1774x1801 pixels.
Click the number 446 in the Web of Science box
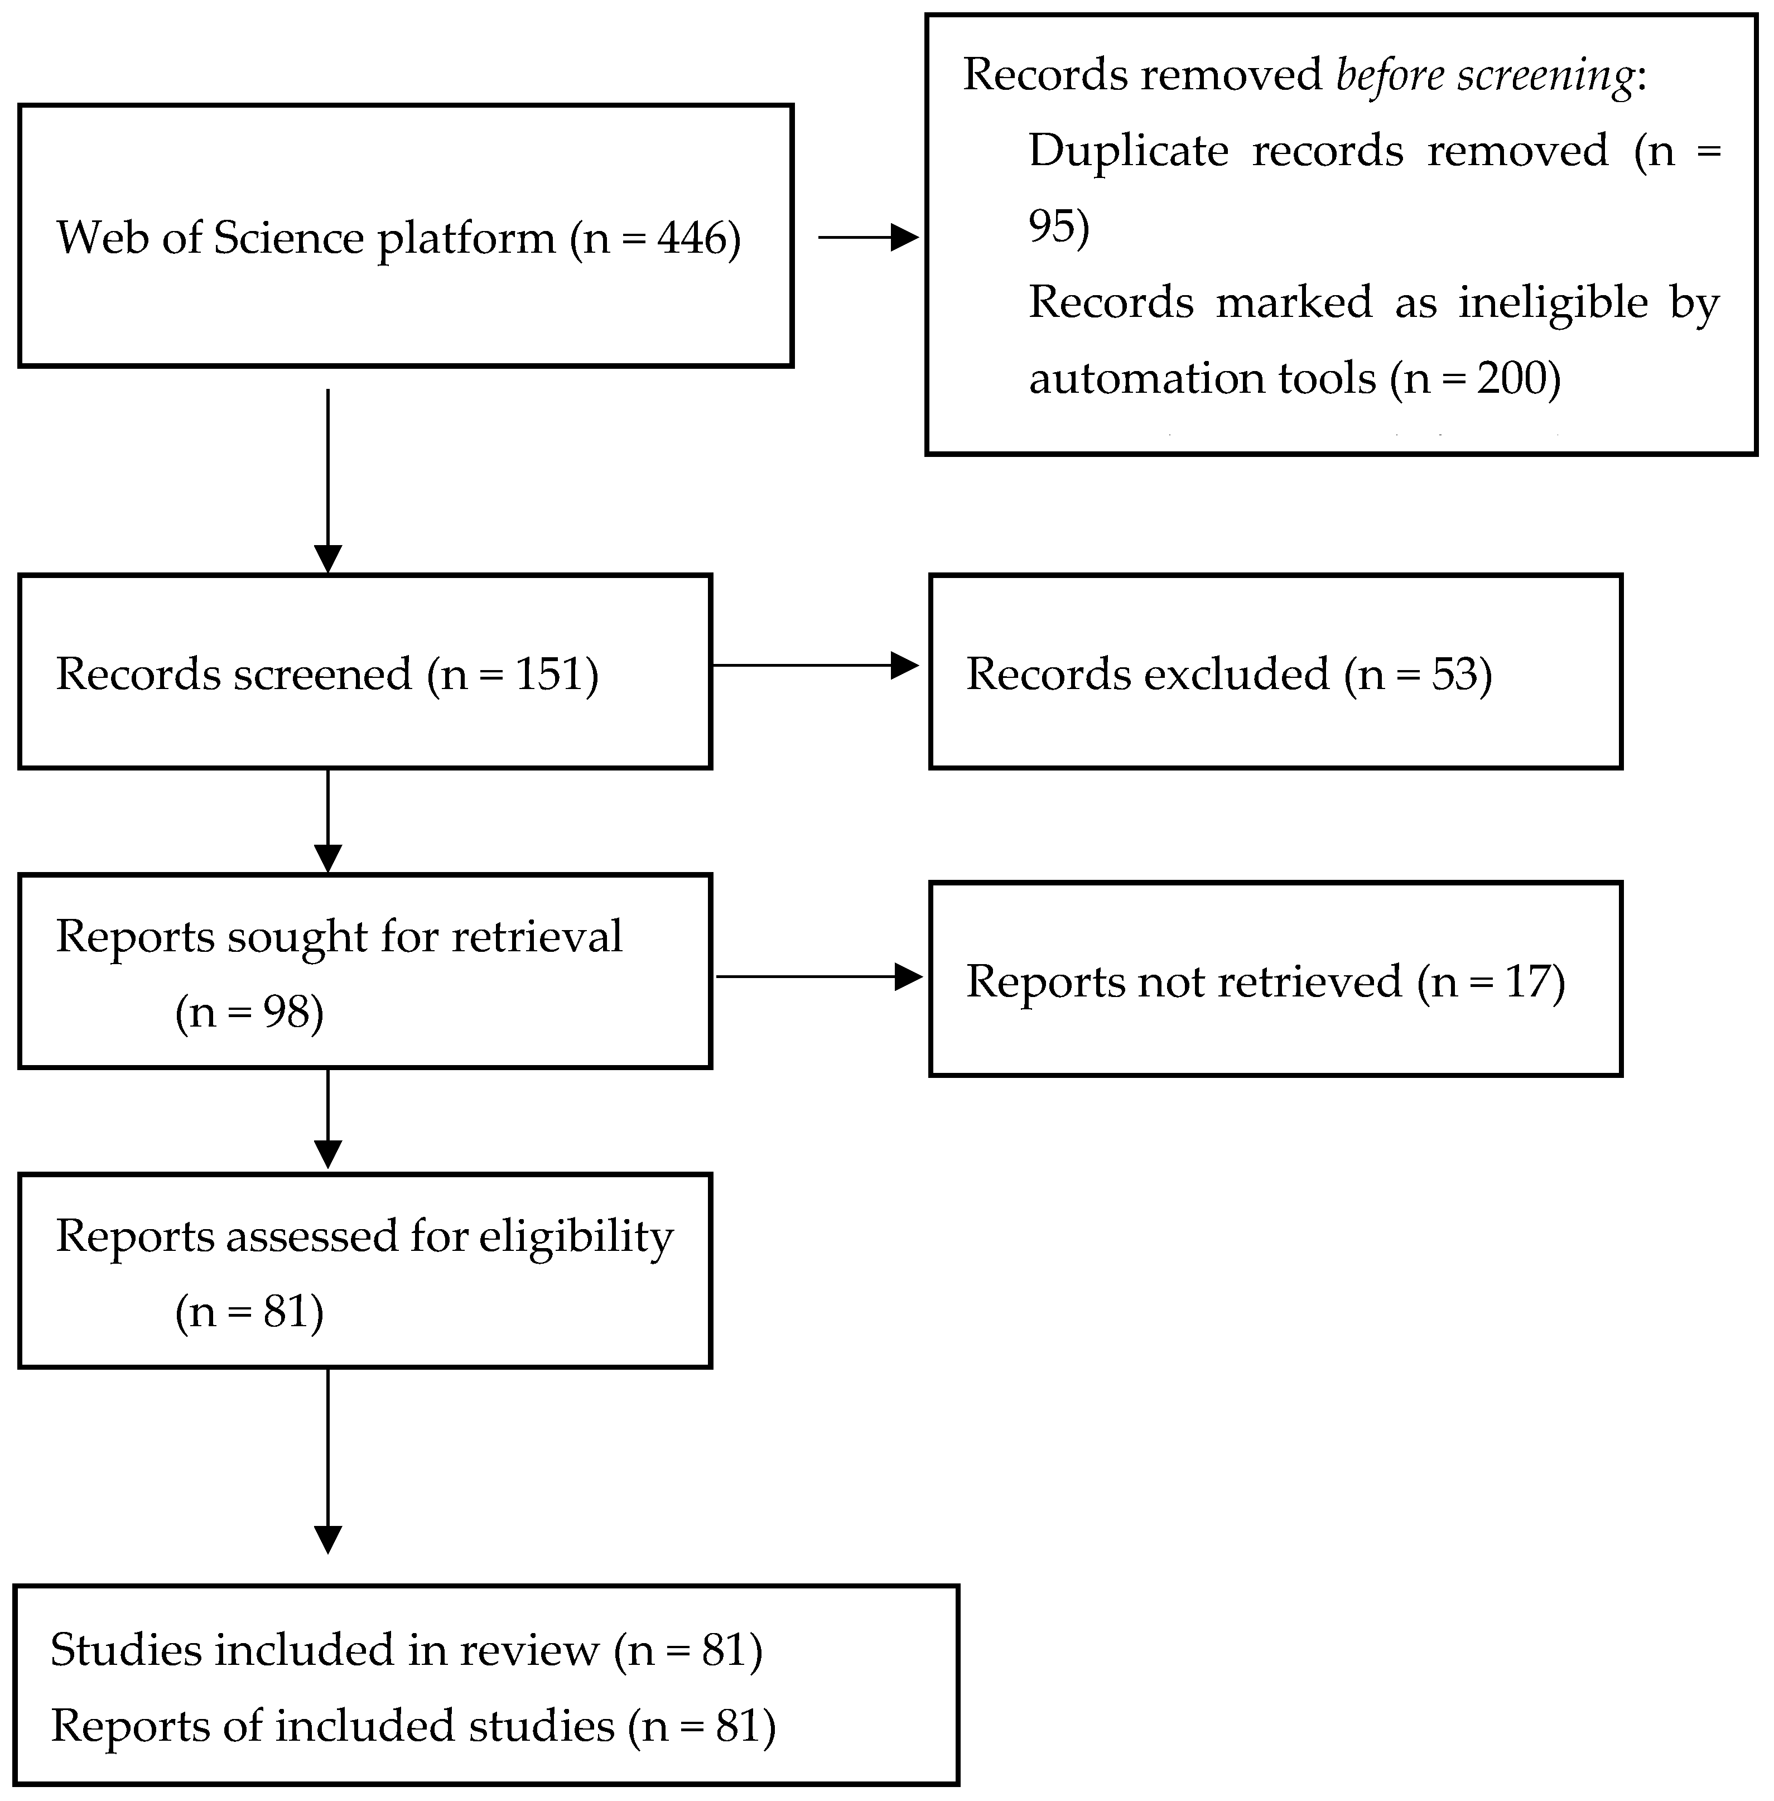coord(691,239)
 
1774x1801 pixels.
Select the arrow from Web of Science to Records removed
coord(869,238)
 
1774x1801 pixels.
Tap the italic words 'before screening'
coord(1484,75)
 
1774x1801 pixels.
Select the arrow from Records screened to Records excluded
coord(815,665)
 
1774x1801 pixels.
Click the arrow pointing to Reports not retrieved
coord(819,976)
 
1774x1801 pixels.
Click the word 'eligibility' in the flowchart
coord(576,1238)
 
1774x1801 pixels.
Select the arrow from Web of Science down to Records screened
coord(328,481)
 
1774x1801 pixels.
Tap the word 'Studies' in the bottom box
coord(126,1649)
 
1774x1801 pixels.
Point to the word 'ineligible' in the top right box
coord(1553,304)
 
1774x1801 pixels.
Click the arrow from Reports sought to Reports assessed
coord(328,1118)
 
